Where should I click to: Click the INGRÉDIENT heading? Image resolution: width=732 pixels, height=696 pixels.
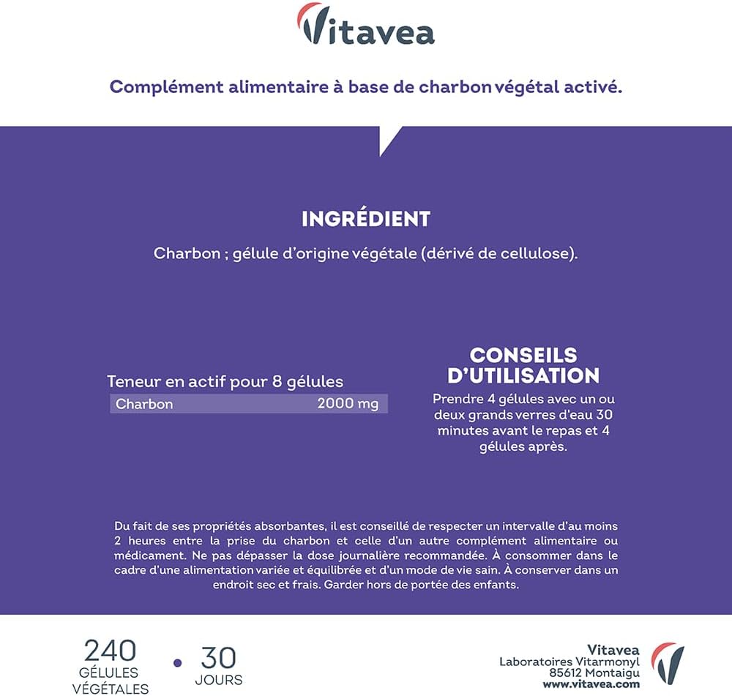(366, 219)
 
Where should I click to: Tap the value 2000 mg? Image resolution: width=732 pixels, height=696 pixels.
(348, 404)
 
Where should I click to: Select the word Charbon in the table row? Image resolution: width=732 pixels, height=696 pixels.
(144, 404)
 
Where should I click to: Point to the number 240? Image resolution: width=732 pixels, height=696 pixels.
(110, 650)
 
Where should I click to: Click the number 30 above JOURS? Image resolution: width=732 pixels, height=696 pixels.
(218, 656)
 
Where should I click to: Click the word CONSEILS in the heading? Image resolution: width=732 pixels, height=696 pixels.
(523, 356)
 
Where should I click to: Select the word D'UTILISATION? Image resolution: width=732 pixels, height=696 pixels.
(523, 376)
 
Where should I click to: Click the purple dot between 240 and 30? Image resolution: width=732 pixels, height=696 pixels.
(176, 663)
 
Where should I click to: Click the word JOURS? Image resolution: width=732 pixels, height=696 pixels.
(218, 680)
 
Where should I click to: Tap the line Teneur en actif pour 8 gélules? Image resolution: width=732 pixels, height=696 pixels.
(225, 381)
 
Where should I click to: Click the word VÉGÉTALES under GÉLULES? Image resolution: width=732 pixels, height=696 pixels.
(110, 688)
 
